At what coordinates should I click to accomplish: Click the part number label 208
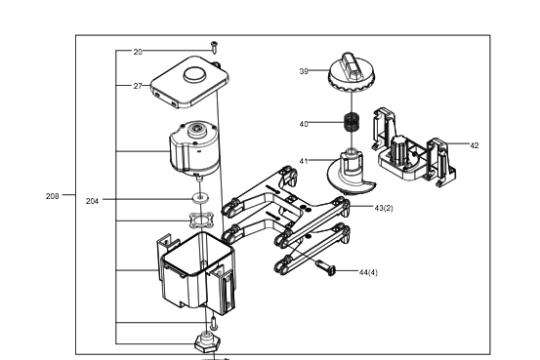(53, 196)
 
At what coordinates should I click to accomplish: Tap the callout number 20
(138, 52)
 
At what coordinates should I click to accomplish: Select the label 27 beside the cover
(138, 86)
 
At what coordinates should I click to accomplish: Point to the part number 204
(92, 201)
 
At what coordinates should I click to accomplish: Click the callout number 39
(304, 71)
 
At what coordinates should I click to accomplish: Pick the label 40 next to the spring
(304, 124)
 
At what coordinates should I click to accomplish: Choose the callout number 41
(304, 161)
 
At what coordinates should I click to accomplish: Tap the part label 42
(475, 145)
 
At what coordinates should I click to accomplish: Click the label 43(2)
(384, 208)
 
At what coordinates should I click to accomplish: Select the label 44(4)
(368, 272)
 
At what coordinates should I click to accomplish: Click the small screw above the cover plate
(214, 47)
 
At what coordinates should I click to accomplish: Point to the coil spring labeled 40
(352, 122)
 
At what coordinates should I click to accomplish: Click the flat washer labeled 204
(200, 197)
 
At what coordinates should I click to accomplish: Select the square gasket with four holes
(201, 220)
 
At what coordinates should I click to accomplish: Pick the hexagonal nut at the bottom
(206, 341)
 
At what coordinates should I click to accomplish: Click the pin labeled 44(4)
(326, 267)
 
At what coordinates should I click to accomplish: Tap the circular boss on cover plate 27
(195, 75)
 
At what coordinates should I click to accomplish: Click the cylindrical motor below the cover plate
(193, 148)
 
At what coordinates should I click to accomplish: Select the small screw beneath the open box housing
(214, 322)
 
